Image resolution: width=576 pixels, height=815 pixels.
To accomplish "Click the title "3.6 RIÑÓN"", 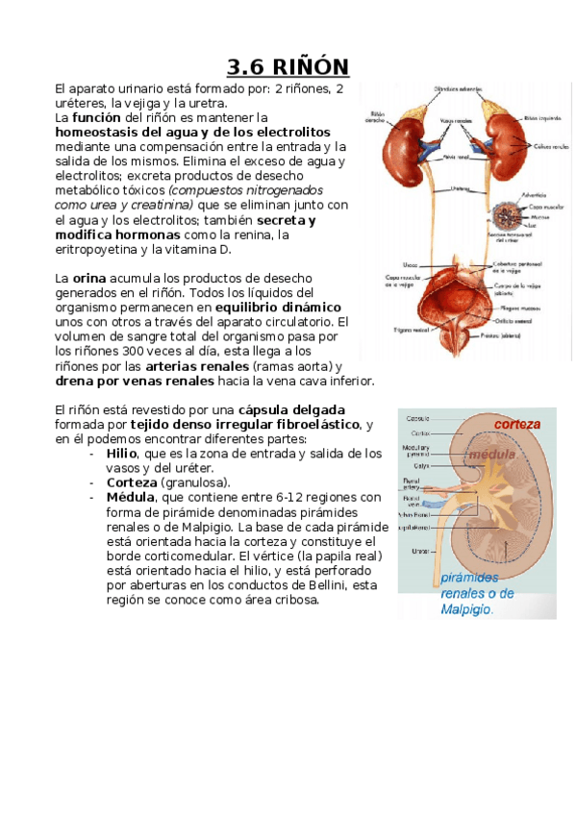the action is coord(288,67).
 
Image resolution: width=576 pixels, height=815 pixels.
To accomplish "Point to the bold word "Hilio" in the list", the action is coord(122,453).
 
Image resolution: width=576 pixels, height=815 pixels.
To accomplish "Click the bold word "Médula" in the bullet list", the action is coord(131,497).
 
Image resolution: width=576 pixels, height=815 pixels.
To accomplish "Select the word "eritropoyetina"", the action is coord(103,249).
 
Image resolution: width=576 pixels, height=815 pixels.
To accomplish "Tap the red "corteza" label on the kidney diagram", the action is coord(516,424).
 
